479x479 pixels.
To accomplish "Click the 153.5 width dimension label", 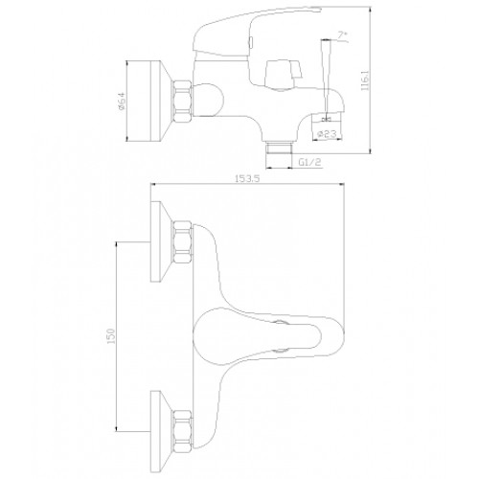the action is [247, 178].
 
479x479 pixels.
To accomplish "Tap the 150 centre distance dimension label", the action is [111, 336].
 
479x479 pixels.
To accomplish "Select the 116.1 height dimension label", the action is [365, 80].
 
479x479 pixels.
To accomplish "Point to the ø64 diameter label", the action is [122, 101].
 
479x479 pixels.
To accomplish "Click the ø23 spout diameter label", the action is [327, 134].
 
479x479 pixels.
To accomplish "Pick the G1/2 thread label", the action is [309, 162].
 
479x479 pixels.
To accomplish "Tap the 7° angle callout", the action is [343, 35].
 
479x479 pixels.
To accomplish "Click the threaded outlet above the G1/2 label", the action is [280, 148].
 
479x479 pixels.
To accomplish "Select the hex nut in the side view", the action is [183, 102].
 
